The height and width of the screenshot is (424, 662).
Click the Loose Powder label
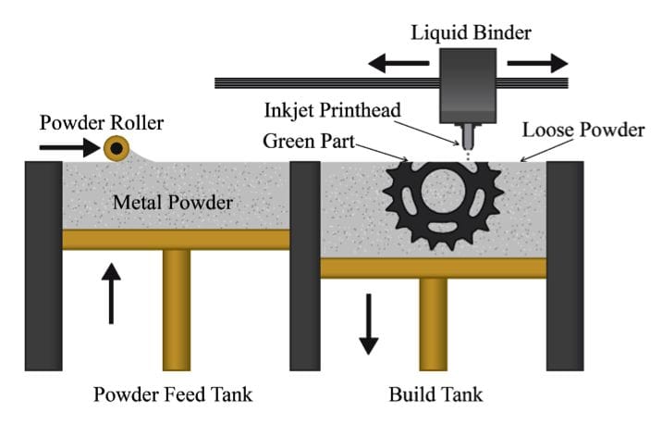pyautogui.click(x=582, y=130)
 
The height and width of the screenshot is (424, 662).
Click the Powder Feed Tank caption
pyautogui.click(x=172, y=395)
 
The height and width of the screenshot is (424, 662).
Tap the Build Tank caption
pyautogui.click(x=435, y=395)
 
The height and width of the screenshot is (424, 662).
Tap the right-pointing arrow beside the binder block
pyautogui.click(x=538, y=63)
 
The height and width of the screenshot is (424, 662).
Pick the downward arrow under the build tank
pyautogui.click(x=368, y=324)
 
